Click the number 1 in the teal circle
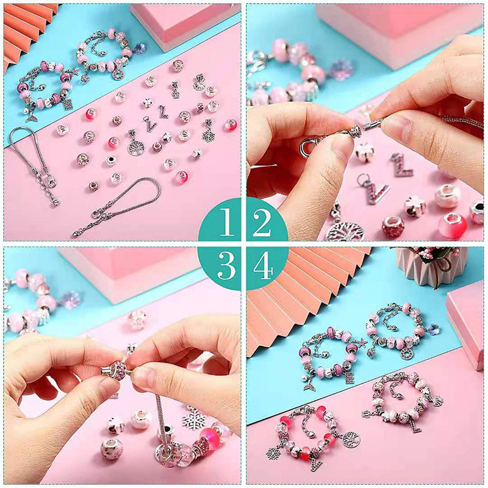click(x=227, y=222)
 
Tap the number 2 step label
click(x=262, y=222)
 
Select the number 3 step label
click(x=227, y=265)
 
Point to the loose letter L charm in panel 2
click(x=402, y=165)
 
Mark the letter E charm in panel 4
click(x=349, y=377)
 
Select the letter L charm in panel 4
click(x=414, y=425)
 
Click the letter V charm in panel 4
click(x=315, y=465)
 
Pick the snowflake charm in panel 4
click(x=273, y=451)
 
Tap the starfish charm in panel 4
click(x=362, y=343)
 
